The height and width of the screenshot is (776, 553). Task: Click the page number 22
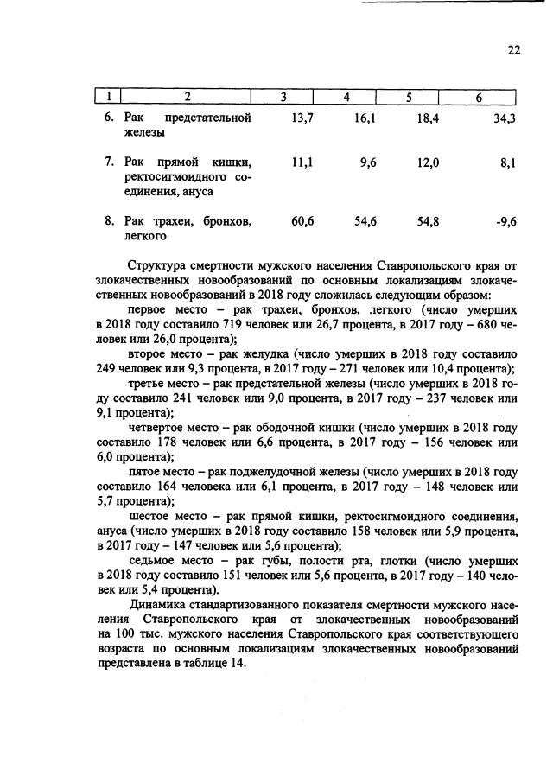(513, 50)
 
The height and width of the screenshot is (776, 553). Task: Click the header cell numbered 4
(346, 97)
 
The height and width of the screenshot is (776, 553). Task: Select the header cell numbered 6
(478, 97)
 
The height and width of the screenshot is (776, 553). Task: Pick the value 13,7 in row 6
(302, 118)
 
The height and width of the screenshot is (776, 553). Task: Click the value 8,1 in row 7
(508, 162)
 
